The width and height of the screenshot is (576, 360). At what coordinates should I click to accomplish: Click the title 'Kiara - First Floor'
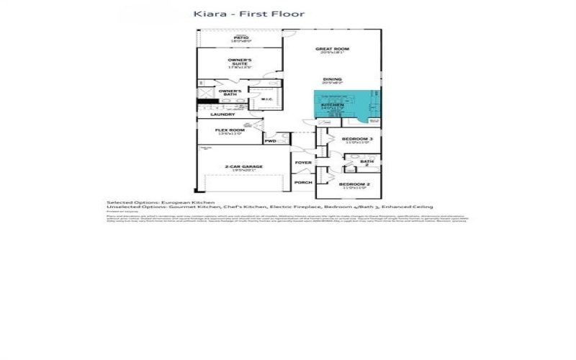click(249, 14)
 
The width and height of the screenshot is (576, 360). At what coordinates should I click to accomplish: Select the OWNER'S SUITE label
click(239, 61)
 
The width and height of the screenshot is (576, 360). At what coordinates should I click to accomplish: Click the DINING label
click(332, 80)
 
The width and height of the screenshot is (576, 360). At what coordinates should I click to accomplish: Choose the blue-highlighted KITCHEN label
click(332, 106)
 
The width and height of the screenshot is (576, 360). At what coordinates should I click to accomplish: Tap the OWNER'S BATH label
click(230, 92)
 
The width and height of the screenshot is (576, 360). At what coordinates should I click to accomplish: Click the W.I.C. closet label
click(265, 99)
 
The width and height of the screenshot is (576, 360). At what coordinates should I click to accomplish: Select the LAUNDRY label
click(222, 114)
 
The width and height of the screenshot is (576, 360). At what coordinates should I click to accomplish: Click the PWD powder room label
click(271, 141)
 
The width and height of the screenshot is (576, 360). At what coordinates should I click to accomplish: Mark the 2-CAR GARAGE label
click(243, 167)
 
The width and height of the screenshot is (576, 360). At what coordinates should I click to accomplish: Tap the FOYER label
click(302, 163)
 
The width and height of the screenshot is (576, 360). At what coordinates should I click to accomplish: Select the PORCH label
click(303, 183)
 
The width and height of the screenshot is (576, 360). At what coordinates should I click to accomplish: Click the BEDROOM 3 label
click(356, 139)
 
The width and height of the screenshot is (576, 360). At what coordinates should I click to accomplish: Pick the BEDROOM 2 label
click(354, 185)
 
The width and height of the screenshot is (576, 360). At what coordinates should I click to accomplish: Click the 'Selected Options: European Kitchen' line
click(161, 202)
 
